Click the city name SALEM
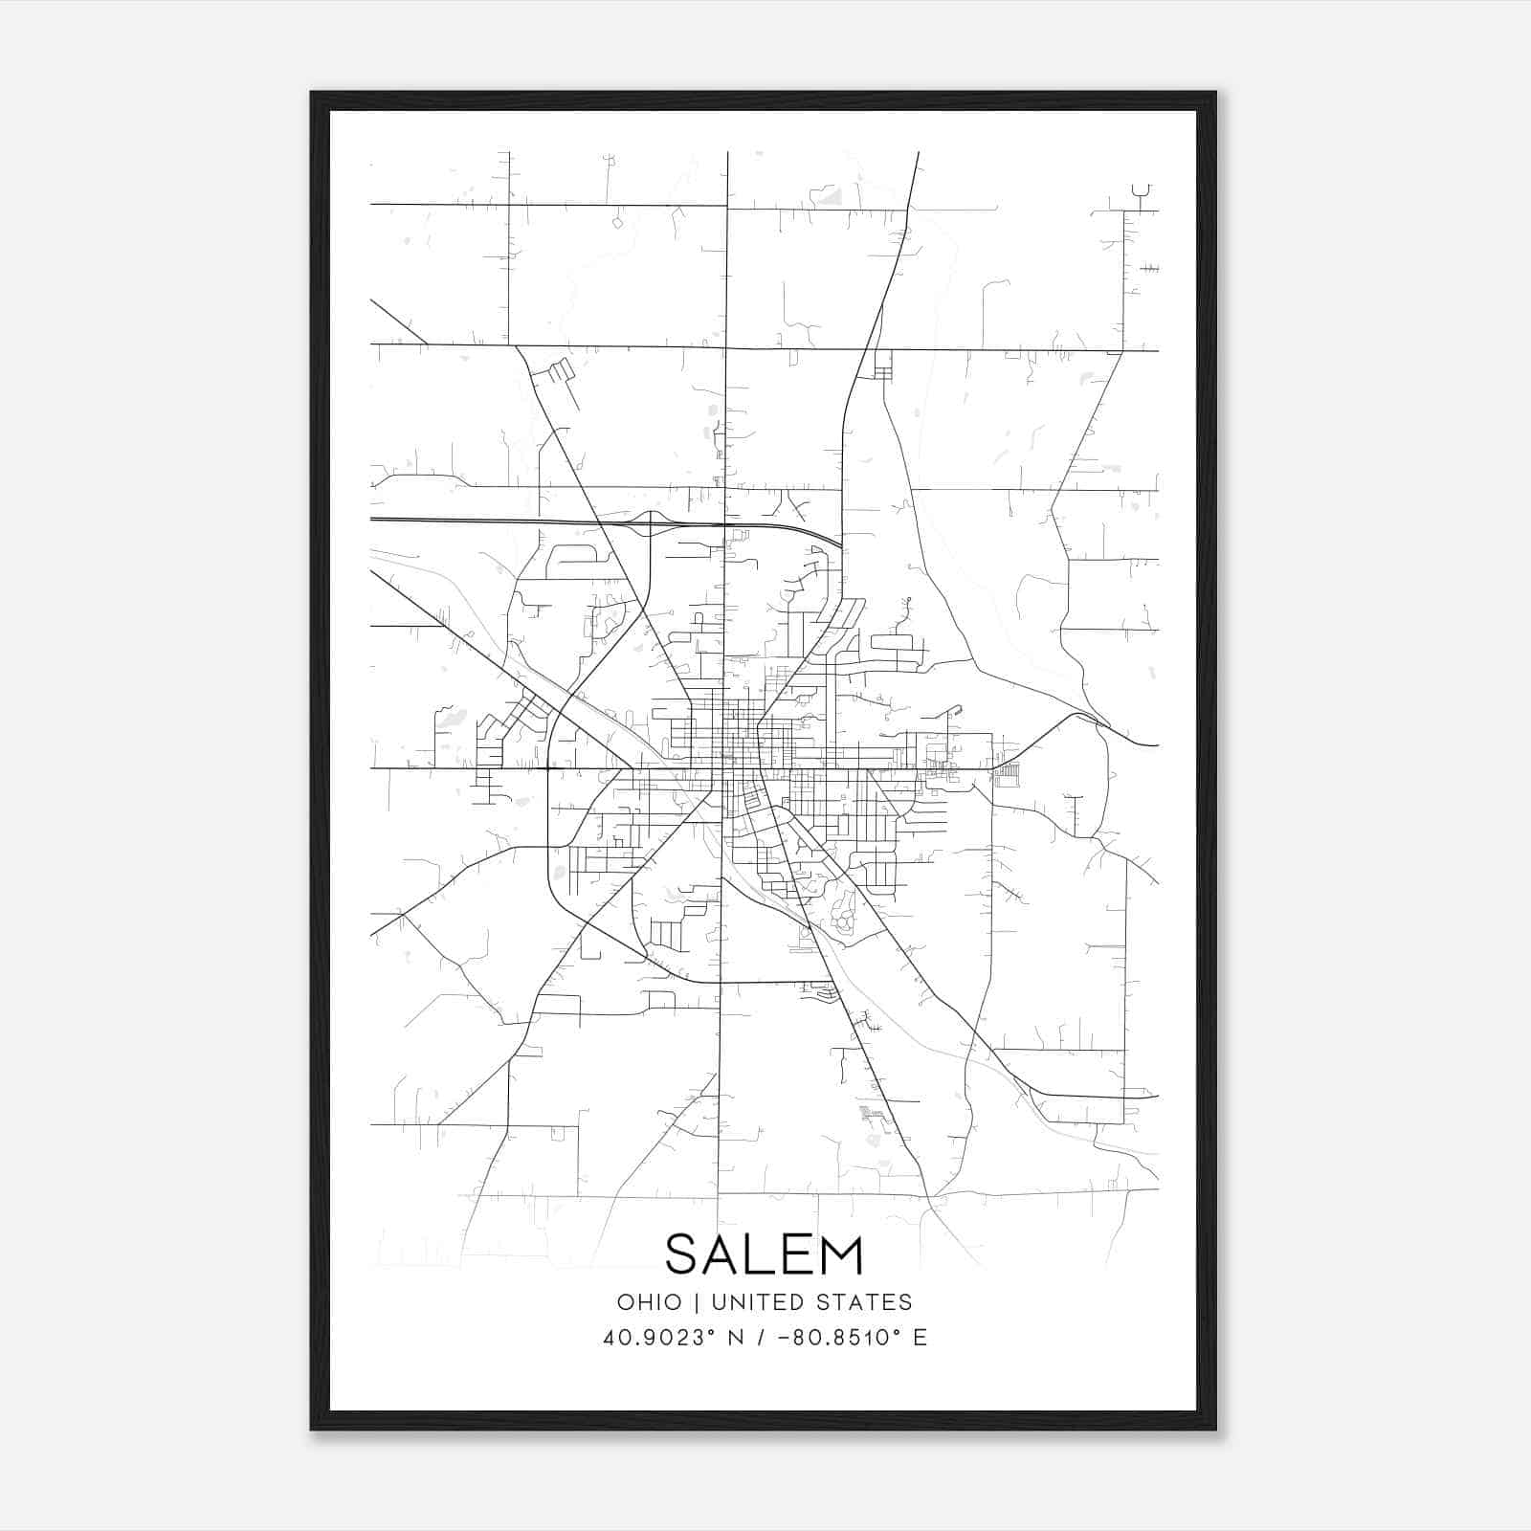764,1255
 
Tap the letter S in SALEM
685,1255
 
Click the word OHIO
650,1302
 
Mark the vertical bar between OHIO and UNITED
697,1302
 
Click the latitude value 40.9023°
657,1338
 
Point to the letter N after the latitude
736,1338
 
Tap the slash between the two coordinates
762,1338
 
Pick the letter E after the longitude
920,1338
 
